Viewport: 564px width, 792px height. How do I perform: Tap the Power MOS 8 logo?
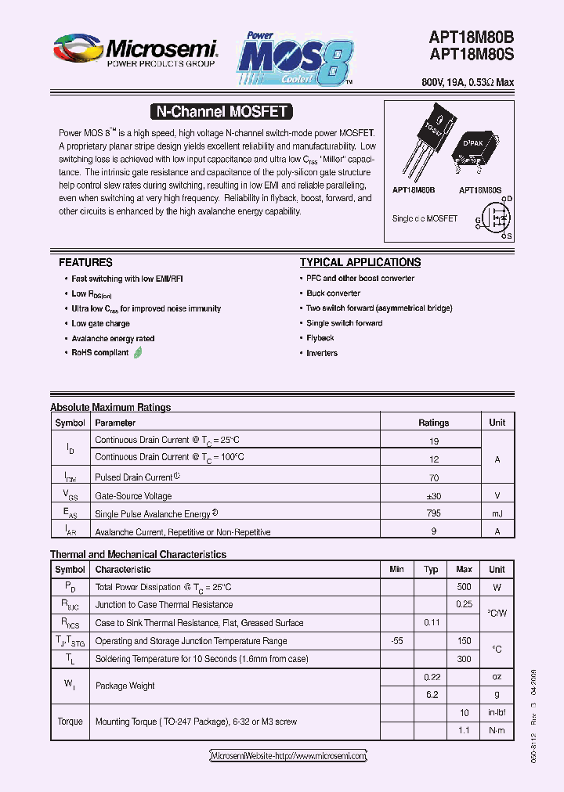click(294, 59)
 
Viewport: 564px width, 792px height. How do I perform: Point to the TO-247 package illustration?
click(420, 148)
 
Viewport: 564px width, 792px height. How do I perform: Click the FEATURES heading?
click(85, 263)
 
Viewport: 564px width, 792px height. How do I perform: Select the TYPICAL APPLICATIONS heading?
click(360, 263)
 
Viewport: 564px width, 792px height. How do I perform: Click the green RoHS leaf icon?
click(138, 353)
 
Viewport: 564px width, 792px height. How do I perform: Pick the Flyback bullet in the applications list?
click(320, 338)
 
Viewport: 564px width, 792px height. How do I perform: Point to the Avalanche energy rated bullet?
click(113, 339)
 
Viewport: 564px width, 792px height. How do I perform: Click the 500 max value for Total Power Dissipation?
click(464, 587)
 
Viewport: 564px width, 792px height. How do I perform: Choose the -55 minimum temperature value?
click(396, 641)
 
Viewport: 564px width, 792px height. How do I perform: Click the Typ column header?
click(431, 570)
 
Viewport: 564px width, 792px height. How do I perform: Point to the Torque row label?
click(70, 722)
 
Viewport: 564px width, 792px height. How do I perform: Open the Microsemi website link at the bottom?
click(288, 756)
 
